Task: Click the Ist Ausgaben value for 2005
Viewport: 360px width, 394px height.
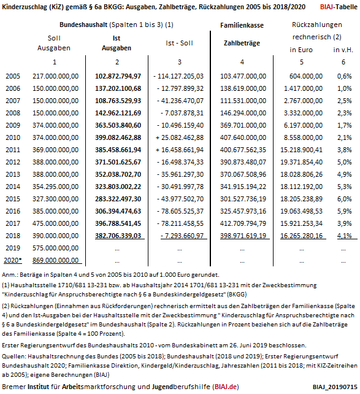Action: tap(118, 76)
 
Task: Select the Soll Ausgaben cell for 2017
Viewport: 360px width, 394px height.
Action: tap(55, 223)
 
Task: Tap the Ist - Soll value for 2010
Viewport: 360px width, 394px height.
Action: tap(180, 137)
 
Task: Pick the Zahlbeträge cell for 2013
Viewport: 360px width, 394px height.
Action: tap(243, 174)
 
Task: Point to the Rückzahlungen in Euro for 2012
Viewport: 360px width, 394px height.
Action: tap(301, 162)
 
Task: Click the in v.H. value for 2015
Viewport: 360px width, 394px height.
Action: tap(345, 199)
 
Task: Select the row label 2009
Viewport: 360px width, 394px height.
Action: tap(13, 125)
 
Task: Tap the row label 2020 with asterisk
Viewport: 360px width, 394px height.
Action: tap(13, 260)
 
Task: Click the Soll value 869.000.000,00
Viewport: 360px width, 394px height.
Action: tap(55, 260)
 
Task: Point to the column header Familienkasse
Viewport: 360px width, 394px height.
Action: tap(242, 25)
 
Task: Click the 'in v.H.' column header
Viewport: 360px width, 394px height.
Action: tap(343, 50)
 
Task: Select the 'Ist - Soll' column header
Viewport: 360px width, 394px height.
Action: tap(179, 43)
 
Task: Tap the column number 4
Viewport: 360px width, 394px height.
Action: tap(242, 62)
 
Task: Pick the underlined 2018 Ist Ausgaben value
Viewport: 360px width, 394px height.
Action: tap(118, 236)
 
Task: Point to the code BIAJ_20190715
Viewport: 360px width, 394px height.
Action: tap(335, 387)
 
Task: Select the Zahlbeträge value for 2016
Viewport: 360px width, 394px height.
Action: tap(243, 211)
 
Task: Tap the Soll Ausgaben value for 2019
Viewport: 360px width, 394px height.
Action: tap(55, 248)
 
